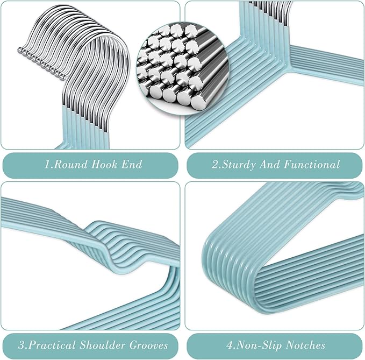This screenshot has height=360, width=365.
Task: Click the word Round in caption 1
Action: point(70,164)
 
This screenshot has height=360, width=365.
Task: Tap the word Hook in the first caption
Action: point(104,164)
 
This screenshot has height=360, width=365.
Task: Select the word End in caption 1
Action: point(132,164)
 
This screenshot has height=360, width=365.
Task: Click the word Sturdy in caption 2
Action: point(238,165)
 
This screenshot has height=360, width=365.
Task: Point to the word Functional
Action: point(312,164)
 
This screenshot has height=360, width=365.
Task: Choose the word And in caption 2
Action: point(269,164)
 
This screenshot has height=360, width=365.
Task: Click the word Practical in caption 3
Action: point(52,345)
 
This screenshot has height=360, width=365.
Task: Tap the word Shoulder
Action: point(103,345)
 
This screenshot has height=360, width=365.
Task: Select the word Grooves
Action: point(148,345)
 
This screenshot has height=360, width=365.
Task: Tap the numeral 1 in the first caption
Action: point(47,164)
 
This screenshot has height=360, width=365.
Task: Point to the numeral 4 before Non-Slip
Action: point(230,345)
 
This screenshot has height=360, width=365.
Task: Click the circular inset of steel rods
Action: point(183,69)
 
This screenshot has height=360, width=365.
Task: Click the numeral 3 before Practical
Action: point(22,345)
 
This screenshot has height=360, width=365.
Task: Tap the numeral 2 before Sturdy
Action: point(215,164)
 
